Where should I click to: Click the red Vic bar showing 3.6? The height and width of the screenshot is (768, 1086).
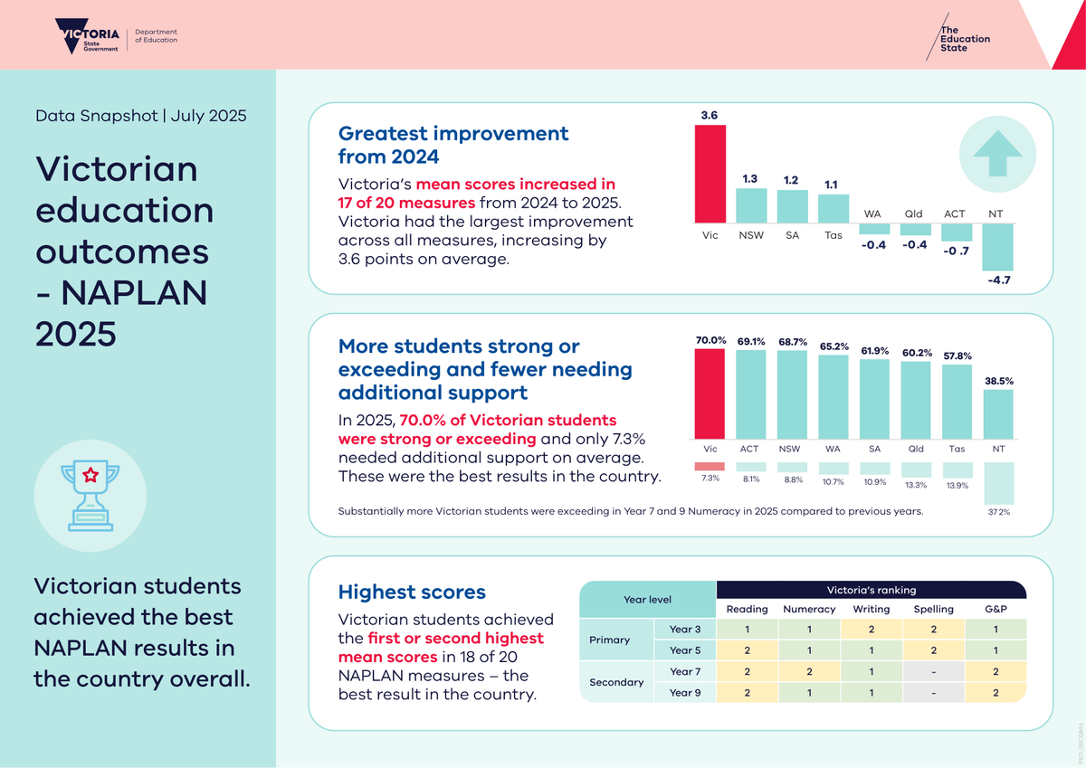coord(710,174)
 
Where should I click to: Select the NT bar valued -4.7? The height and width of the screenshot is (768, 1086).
coord(997,247)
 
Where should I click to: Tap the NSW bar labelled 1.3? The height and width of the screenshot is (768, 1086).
coord(751,206)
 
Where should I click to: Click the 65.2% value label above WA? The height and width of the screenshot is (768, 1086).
coord(834,346)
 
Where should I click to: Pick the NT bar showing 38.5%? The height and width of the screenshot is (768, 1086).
coord(998,414)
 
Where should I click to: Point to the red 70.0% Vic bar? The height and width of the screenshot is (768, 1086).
coord(710,393)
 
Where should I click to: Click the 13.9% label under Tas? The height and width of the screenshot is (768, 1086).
coord(957,485)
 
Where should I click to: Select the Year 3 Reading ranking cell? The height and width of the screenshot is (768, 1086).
coord(748,630)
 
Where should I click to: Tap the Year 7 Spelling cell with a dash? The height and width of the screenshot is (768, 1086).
coord(934,671)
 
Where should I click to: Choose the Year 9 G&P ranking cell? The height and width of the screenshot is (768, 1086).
coord(995,693)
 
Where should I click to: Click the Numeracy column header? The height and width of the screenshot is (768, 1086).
coord(809,609)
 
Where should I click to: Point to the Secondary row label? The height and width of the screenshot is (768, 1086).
coord(616,682)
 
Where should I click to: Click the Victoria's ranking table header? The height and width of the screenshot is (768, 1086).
coord(872,590)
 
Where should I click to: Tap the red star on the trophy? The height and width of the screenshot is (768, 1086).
coord(90,475)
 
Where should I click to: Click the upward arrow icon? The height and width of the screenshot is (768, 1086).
coord(997,153)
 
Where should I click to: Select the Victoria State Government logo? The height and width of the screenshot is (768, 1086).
coord(87,36)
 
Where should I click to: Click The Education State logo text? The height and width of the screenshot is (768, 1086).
coord(965,39)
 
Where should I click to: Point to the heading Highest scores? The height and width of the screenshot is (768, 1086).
coord(412,592)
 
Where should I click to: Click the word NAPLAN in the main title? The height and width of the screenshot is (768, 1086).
coord(134,293)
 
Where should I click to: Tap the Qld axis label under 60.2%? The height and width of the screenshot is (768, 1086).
coord(916,449)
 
